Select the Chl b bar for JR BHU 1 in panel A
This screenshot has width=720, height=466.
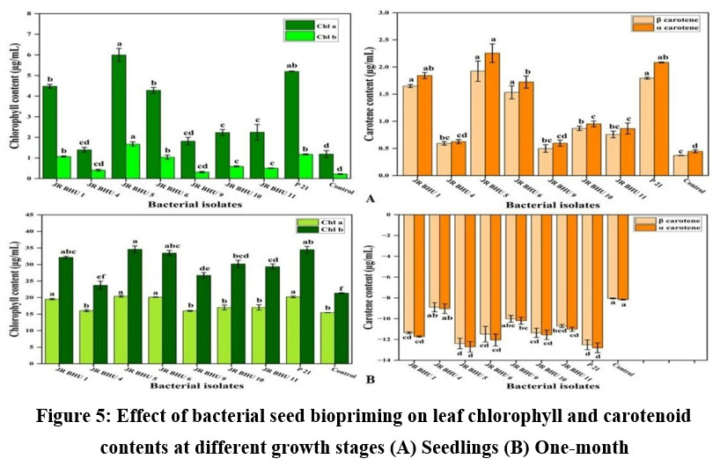tap(63, 168)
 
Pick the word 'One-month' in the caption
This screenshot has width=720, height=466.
tap(587, 446)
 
